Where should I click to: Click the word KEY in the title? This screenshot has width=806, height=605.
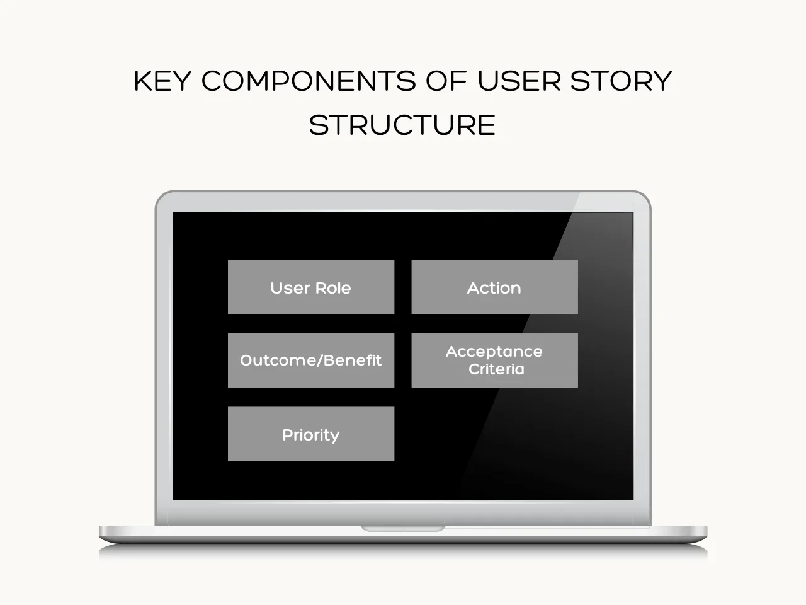(x=162, y=81)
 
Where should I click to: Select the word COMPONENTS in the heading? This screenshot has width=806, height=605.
(x=309, y=81)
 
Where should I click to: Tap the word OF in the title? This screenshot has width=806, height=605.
(x=446, y=81)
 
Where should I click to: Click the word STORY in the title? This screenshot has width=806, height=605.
(x=621, y=81)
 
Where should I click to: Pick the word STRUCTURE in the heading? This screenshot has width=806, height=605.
(x=402, y=125)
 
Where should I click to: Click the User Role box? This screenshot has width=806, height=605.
(x=311, y=287)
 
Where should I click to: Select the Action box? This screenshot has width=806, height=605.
(x=494, y=287)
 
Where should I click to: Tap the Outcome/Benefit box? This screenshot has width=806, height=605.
(x=311, y=360)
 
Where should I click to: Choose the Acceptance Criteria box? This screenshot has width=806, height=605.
(x=494, y=360)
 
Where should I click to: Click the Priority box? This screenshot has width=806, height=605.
(x=311, y=434)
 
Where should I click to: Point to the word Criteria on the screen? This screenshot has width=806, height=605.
(x=496, y=369)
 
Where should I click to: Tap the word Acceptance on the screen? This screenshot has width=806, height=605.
(x=494, y=352)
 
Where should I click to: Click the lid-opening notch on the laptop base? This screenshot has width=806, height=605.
(x=403, y=529)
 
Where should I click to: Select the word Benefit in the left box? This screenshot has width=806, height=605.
(x=353, y=360)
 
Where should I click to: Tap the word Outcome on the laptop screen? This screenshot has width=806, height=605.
(x=278, y=360)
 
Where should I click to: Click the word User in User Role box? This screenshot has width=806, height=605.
(x=290, y=288)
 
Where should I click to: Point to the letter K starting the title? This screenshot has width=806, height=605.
(x=142, y=81)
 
